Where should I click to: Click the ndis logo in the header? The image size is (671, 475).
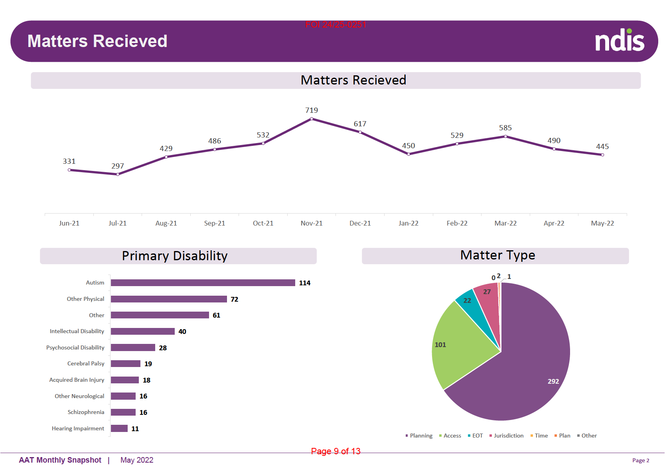tap(620, 41)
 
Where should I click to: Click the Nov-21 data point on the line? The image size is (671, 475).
tap(312, 119)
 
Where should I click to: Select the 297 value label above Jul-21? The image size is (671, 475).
tap(118, 166)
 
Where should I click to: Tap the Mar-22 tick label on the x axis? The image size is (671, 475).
tap(505, 223)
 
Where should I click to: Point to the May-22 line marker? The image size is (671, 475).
tap(602, 155)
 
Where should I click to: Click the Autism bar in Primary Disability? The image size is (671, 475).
tap(203, 283)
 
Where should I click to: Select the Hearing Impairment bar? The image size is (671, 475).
tap(119, 428)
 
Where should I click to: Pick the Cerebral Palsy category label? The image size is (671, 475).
tap(86, 363)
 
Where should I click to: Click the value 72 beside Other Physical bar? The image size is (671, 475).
tap(235, 299)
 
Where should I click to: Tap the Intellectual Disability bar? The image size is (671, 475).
tap(143, 332)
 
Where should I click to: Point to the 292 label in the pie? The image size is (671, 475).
tap(553, 381)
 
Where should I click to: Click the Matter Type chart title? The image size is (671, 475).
tap(497, 255)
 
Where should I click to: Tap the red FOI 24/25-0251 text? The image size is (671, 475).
tap(335, 25)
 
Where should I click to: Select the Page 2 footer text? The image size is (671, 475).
tap(641, 460)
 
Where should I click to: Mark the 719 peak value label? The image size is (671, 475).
tap(312, 110)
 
